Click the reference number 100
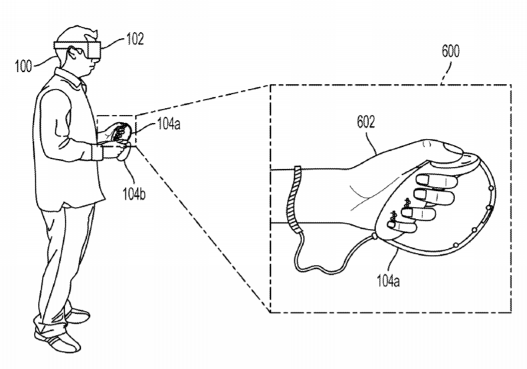[23, 65]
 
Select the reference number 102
[135, 39]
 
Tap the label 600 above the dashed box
[450, 51]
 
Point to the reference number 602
[366, 121]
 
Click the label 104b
[134, 194]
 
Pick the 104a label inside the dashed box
[388, 281]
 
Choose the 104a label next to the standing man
[169, 124]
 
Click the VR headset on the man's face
[78, 49]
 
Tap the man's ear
[71, 53]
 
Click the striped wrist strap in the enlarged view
[294, 200]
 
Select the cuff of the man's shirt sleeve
[97, 152]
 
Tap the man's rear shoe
[78, 315]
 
